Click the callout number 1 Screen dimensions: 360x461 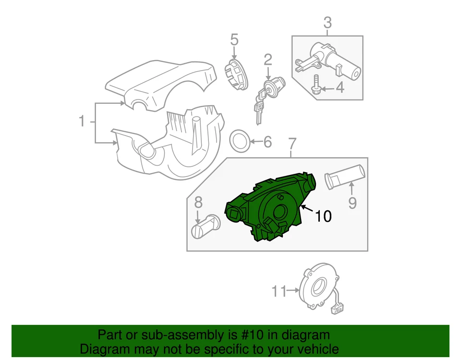[82, 122]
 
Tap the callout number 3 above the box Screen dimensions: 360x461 [327, 23]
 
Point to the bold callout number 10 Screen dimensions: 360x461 [323, 217]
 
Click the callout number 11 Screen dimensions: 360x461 [279, 291]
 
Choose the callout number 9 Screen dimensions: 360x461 [352, 203]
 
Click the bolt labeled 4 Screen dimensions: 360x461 [317, 85]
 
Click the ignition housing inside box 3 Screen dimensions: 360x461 [331, 60]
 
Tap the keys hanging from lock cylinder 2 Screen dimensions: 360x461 [260, 105]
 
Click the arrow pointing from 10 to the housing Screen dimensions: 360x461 [307, 210]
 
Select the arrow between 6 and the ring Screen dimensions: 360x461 [255, 142]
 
